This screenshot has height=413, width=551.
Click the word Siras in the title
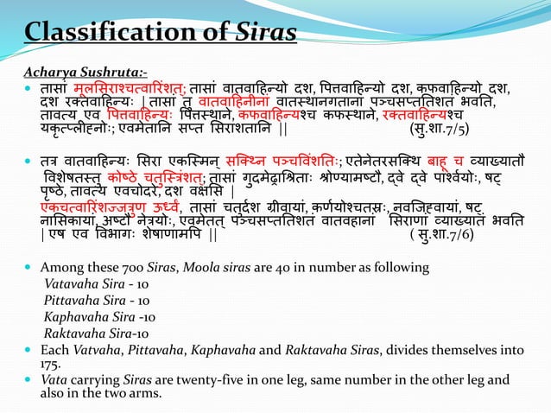pos(266,32)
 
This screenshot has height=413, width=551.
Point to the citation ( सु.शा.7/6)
pos(445,258)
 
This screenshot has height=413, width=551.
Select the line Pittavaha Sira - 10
pos(85,315)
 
